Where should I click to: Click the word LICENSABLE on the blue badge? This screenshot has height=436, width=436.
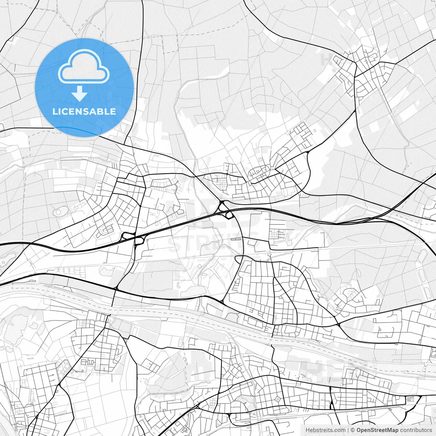click(x=84, y=112)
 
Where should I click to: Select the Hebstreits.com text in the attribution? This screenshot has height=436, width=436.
click(x=325, y=430)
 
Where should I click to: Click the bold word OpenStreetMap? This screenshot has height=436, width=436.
click(x=377, y=430)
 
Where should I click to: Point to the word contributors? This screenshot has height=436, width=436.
click(x=416, y=430)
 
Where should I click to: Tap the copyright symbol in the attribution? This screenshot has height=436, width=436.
click(x=353, y=430)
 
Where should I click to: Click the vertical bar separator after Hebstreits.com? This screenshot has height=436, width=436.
click(x=348, y=430)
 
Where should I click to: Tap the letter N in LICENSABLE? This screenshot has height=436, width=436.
click(x=80, y=112)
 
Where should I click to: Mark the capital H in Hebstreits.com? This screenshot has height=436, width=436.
click(x=308, y=430)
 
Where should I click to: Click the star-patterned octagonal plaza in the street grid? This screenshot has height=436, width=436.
click(x=279, y=399)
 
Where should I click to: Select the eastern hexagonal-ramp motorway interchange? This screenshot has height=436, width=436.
click(x=225, y=209)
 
